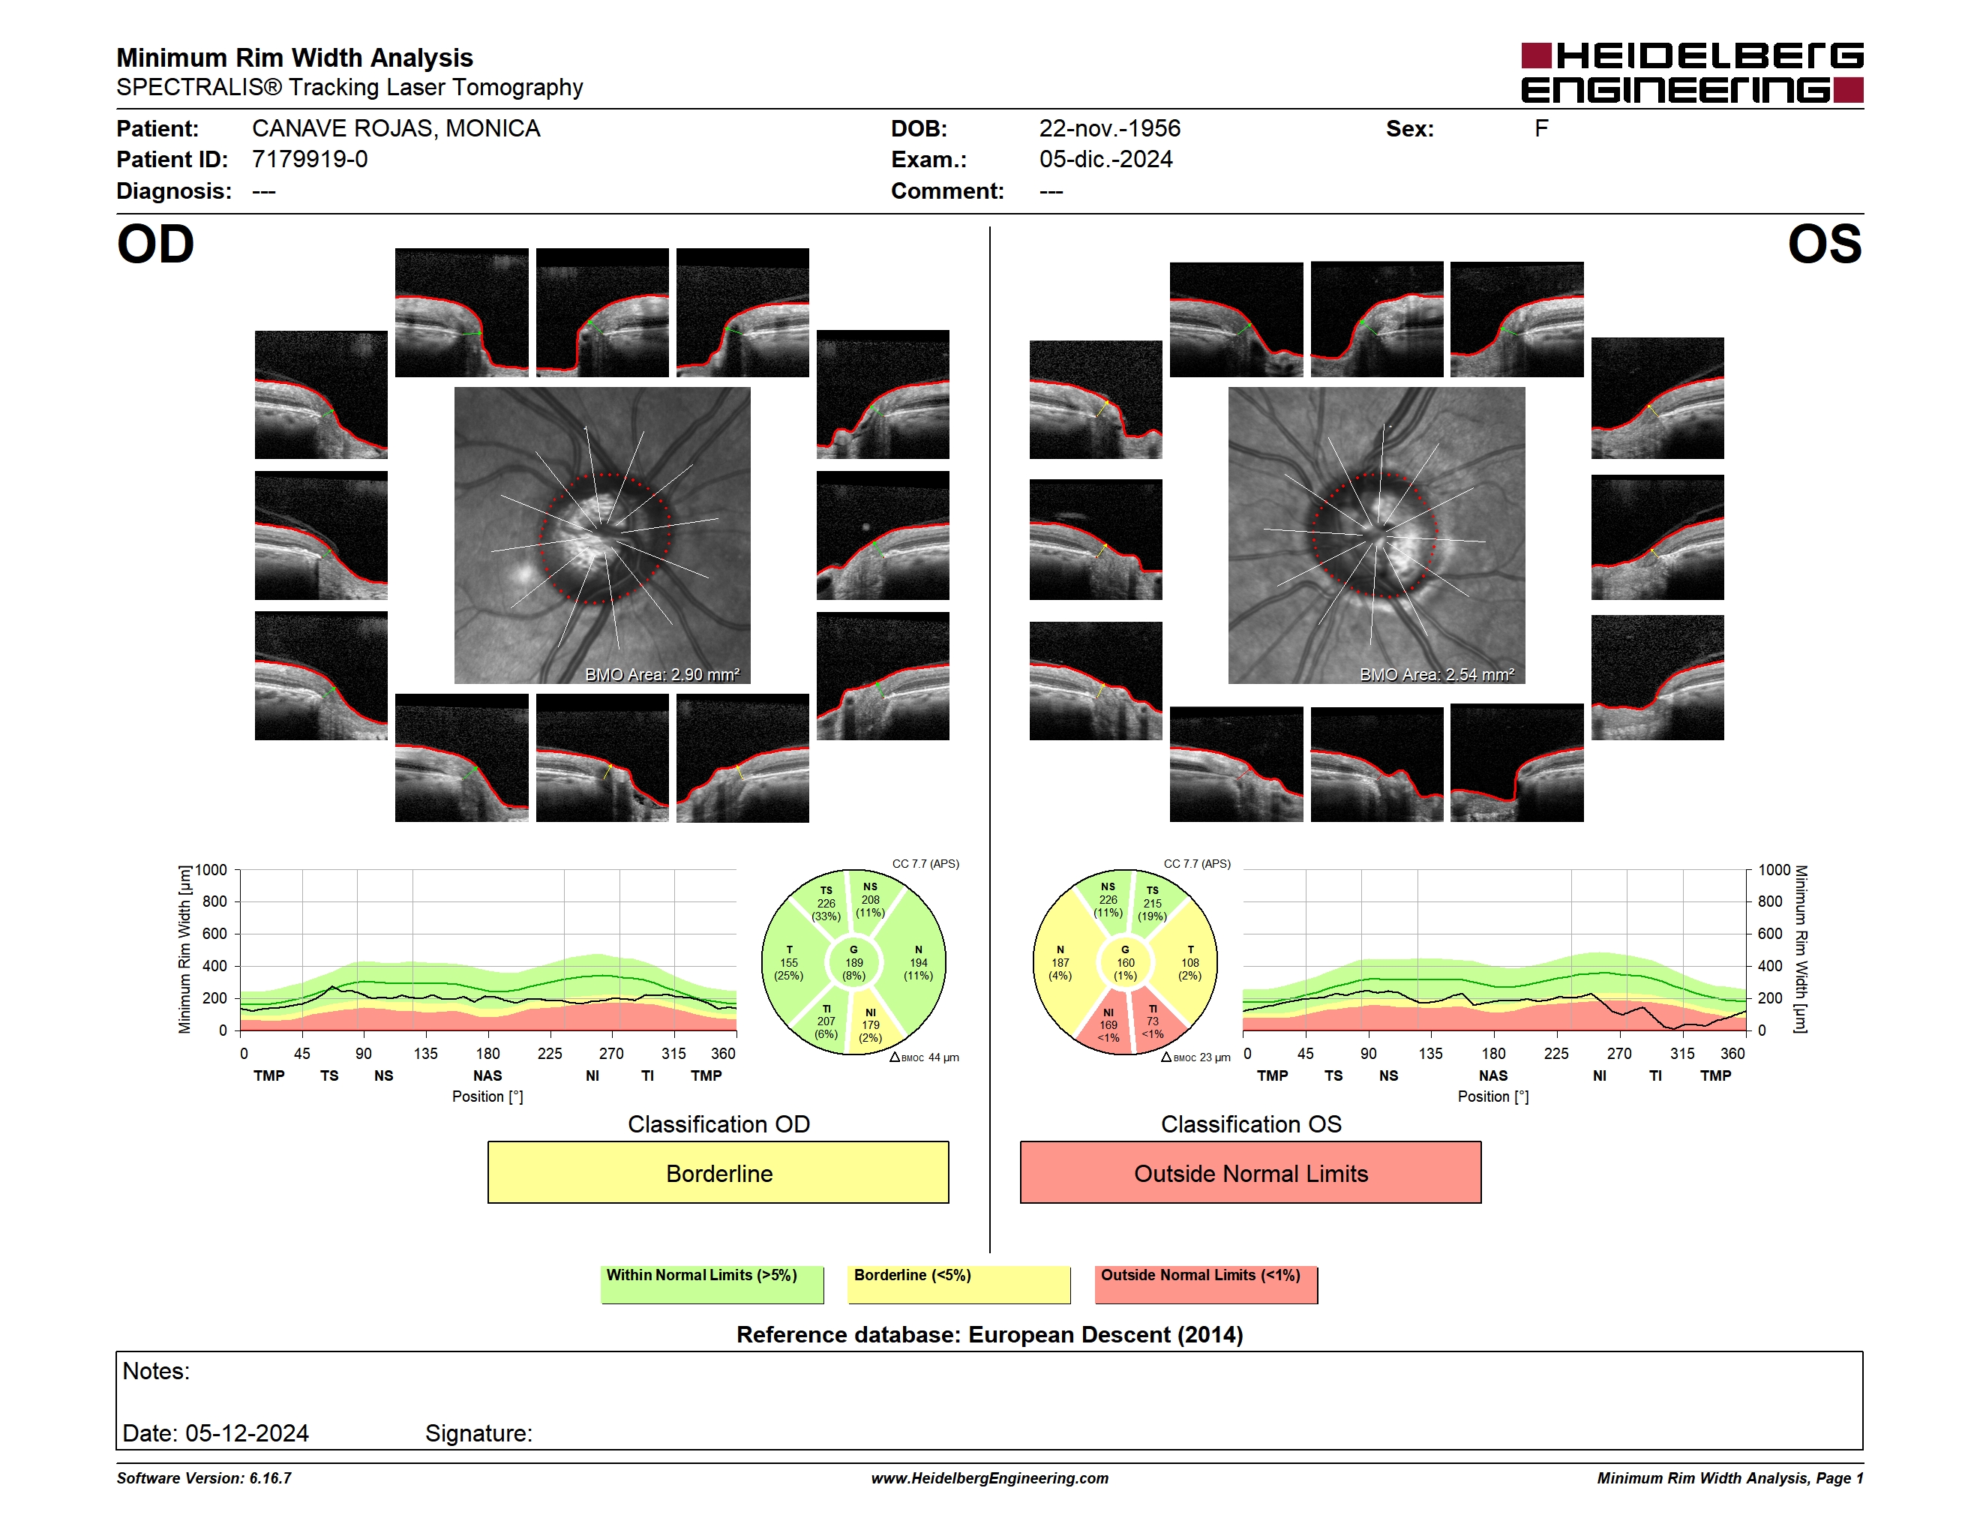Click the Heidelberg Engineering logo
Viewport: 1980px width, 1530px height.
[1692, 73]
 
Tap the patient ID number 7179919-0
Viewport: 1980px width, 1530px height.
[310, 160]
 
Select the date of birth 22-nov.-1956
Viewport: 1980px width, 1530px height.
[1110, 129]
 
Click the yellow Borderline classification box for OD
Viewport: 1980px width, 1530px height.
[718, 1173]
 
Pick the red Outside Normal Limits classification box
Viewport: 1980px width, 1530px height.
[1250, 1173]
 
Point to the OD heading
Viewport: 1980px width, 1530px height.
[155, 244]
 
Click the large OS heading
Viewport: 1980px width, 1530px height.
[1824, 244]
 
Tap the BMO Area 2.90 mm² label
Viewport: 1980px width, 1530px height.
[661, 674]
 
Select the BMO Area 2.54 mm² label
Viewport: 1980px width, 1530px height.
[1436, 674]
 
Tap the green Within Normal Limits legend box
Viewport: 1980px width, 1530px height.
[712, 1284]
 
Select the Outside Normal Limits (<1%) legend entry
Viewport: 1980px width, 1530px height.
[1206, 1284]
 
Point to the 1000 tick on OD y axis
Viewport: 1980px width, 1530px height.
[210, 870]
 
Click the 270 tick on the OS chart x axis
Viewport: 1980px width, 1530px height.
[1619, 1053]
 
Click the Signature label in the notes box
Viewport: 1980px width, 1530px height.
[478, 1433]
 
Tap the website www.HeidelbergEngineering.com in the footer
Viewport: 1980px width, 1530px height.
[990, 1478]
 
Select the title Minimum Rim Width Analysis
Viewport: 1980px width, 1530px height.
[295, 58]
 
